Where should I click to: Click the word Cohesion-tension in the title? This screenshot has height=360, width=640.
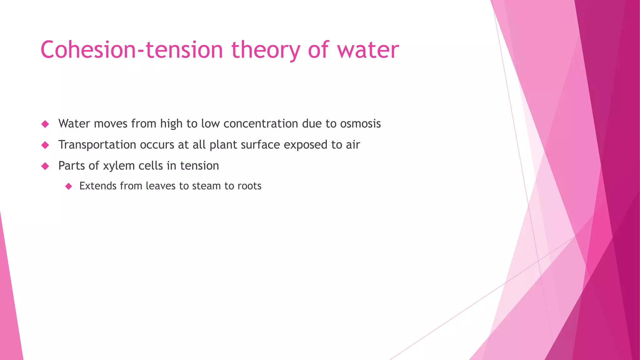pos(131,50)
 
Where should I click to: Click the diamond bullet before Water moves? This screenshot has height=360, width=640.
pos(45,124)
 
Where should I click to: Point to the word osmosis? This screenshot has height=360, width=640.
pos(360,124)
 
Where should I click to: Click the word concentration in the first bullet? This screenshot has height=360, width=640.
pos(261,124)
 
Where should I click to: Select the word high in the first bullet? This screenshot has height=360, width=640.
pos(171,124)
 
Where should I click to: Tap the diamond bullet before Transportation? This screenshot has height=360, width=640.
pos(45,145)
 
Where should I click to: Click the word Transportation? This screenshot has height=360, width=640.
pos(97,145)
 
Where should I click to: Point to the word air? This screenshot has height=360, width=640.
pos(353,145)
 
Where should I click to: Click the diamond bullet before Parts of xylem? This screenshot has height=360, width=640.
pos(45,166)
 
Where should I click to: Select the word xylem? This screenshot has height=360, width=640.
pos(119,166)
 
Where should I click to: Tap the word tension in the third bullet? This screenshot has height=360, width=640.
pos(199,166)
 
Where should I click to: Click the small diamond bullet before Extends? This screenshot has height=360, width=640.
pos(69,187)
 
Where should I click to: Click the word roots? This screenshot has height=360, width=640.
pos(249,186)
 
